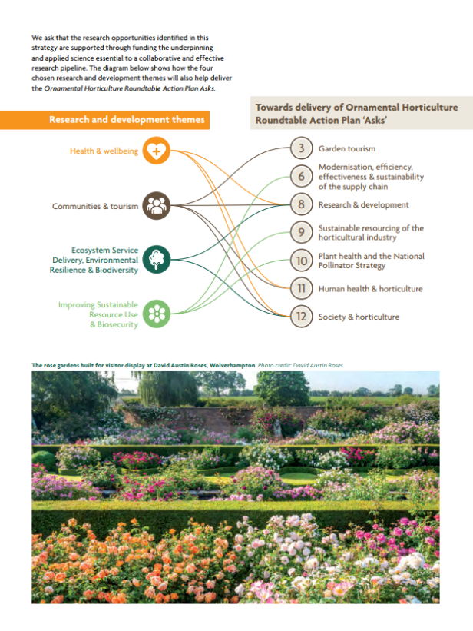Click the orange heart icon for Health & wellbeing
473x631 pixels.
[x=157, y=151]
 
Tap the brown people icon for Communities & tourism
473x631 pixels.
[x=157, y=206]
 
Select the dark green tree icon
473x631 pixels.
[x=157, y=260]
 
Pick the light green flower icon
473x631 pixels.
[x=157, y=314]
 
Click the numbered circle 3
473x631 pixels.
[x=301, y=148]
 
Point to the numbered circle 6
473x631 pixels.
[x=301, y=176]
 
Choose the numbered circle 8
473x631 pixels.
[x=301, y=204]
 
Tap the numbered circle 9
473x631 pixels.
[x=301, y=232]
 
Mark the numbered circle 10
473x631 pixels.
[x=301, y=261]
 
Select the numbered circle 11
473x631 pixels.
[x=301, y=288]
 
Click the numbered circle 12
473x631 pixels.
[x=301, y=317]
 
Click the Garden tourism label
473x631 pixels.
[x=347, y=148]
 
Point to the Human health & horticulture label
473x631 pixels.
[x=370, y=288]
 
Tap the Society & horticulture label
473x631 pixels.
[x=359, y=317]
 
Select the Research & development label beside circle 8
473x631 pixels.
[x=364, y=204]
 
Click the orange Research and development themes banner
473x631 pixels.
[x=104, y=120]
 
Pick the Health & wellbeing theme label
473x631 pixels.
[x=104, y=151]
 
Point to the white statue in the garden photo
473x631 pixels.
[x=277, y=428]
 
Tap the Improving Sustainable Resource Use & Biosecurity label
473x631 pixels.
[x=98, y=314]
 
